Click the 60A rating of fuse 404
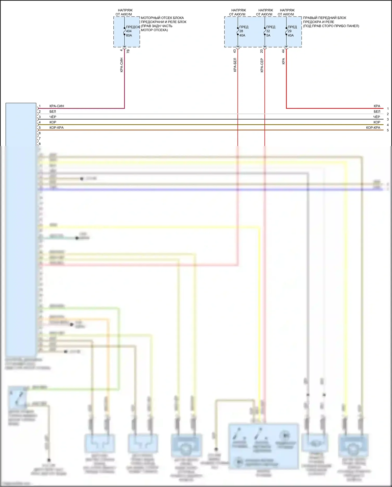coord(129,35)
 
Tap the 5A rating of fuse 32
coord(268,35)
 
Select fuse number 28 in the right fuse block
coord(241,31)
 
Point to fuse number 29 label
coord(289,31)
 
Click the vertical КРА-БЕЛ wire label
coord(235,65)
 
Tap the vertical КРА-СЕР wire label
coord(262,65)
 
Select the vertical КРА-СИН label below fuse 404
coord(122,65)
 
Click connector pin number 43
coord(234,51)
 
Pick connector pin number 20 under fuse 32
coord(261,51)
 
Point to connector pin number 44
coord(283,51)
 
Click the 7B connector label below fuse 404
coord(128,51)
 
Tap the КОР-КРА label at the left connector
coord(56,128)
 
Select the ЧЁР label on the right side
coord(376,117)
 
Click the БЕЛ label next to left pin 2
coord(53,111)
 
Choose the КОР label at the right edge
coord(377,122)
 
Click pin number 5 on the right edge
coord(388,130)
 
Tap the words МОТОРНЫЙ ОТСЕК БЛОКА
coord(162,18)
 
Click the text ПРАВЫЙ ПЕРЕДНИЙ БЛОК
coord(324,18)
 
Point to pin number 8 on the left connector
coord(40,144)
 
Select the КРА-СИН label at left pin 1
coord(56,106)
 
